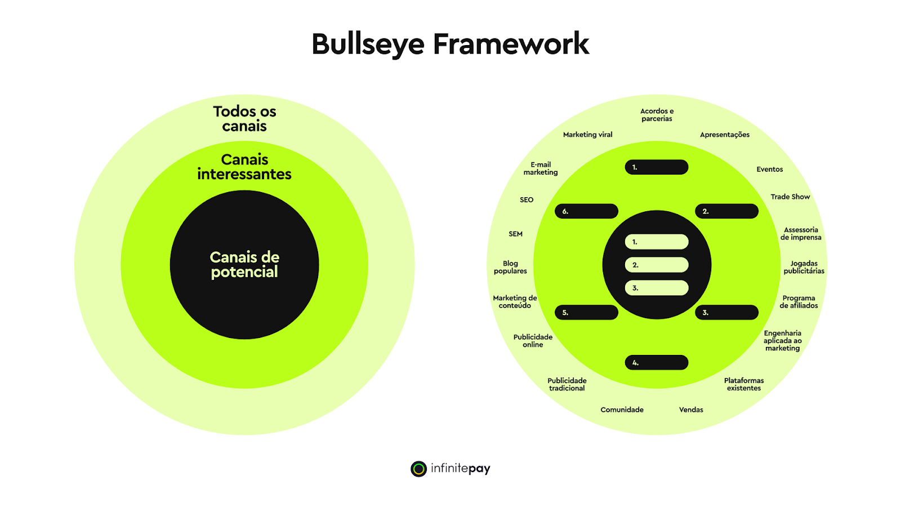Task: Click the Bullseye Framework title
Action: [x=450, y=44]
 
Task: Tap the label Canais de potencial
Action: [x=244, y=265]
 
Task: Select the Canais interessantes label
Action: [x=244, y=167]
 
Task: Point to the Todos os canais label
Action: [x=244, y=118]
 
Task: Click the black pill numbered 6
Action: [x=586, y=211]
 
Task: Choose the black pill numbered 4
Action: [x=657, y=362]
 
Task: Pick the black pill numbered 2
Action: [x=726, y=211]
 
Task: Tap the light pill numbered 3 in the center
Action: [x=657, y=288]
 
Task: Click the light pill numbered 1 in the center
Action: [x=657, y=242]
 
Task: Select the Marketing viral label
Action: [x=587, y=135]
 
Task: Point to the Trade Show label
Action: [x=790, y=197]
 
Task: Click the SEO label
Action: [x=527, y=199]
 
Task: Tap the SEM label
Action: [x=515, y=234]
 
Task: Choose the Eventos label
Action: [x=769, y=169]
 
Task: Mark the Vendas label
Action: [x=691, y=410]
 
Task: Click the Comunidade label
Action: [x=622, y=410]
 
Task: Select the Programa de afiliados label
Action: [x=799, y=302]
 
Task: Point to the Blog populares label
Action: [x=510, y=267]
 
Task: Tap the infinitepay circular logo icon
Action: [x=418, y=469]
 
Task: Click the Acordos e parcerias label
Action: [x=657, y=115]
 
